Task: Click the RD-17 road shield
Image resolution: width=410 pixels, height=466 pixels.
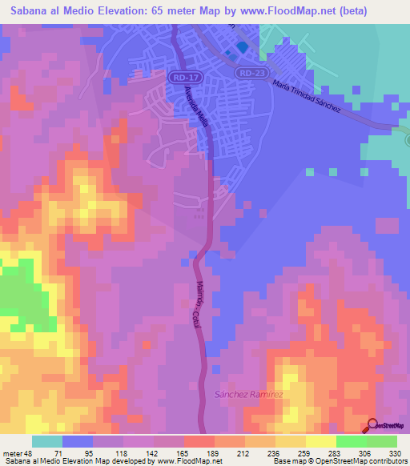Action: coord(180,78)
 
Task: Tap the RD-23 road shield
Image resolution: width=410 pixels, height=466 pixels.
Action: coord(249,72)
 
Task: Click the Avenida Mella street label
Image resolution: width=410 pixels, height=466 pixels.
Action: coord(195,106)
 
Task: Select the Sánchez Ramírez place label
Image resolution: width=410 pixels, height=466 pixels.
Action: coord(249,395)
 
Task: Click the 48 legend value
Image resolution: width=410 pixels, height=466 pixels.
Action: coord(30,453)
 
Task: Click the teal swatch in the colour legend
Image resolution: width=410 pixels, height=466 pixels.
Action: coord(47,441)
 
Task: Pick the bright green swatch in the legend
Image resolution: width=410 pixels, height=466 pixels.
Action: coord(351,441)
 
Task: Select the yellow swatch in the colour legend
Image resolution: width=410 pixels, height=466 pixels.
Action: coord(320,441)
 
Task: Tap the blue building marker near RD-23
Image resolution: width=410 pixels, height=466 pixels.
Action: coord(241,47)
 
